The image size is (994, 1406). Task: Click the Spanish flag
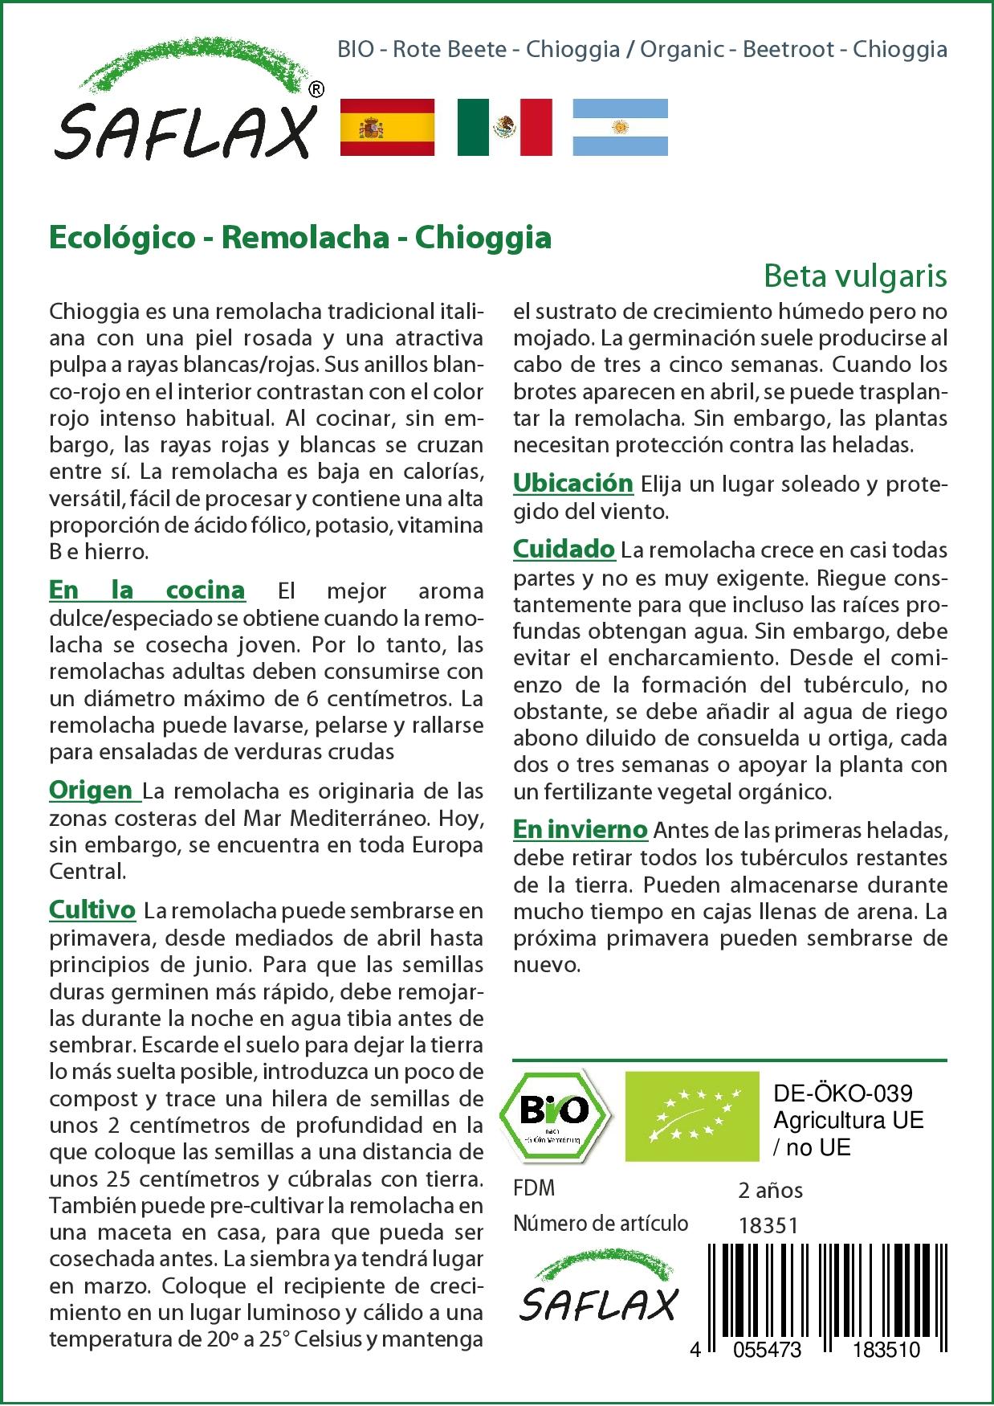[387, 127]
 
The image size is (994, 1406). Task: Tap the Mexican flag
[504, 127]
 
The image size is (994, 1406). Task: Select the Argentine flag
[620, 127]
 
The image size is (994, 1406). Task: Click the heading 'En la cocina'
[147, 591]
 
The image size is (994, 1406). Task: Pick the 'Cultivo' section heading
[92, 910]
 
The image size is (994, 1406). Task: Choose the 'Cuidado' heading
[564, 550]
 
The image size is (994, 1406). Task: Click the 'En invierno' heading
[580, 829]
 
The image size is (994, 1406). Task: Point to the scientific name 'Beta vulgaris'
[855, 276]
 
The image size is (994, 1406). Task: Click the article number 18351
[767, 1225]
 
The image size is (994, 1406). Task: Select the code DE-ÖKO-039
[842, 1093]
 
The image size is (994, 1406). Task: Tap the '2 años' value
[770, 1190]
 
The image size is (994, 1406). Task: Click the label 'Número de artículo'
[601, 1224]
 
